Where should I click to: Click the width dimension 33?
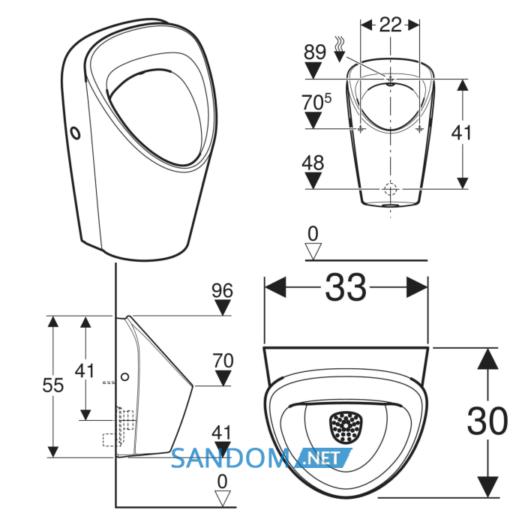click(346, 287)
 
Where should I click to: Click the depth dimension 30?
click(487, 421)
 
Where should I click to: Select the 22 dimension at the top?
click(390, 25)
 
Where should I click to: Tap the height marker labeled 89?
click(315, 52)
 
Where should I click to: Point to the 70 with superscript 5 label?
click(316, 101)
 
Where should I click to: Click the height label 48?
click(313, 163)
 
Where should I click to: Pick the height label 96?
click(222, 290)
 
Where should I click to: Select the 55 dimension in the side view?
click(53, 385)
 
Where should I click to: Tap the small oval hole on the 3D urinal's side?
click(76, 133)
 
